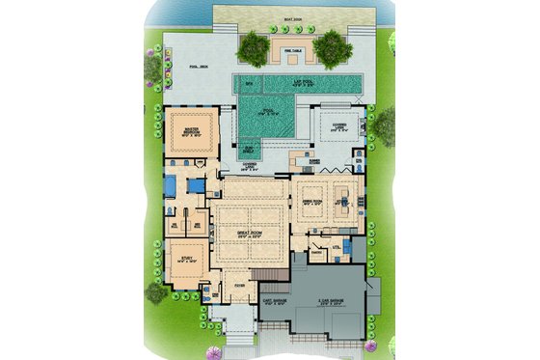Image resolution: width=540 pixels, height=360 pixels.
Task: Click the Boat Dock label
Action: tap(283, 19)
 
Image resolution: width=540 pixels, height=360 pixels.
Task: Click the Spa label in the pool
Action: tap(249, 86)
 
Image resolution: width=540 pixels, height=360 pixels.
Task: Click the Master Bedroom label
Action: tap(183, 131)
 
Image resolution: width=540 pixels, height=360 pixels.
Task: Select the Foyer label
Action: tap(239, 286)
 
